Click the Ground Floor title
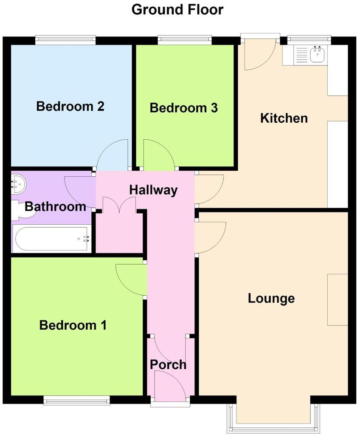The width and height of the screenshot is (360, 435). [x=177, y=9]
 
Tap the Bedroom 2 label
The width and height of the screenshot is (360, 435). [x=70, y=106]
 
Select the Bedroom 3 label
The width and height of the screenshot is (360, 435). [x=183, y=108]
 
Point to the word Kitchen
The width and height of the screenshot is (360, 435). [x=284, y=118]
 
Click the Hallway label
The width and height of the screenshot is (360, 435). [x=153, y=190]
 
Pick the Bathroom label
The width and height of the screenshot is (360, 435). [x=55, y=207]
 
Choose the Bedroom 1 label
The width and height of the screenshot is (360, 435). [x=73, y=325]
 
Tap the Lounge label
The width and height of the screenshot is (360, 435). [x=271, y=298]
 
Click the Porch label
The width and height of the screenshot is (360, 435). [x=168, y=364]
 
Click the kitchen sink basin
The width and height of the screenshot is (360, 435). [x=317, y=55]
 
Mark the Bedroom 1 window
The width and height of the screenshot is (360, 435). [x=76, y=399]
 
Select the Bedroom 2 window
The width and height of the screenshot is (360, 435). [x=65, y=40]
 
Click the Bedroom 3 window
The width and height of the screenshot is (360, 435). [x=185, y=40]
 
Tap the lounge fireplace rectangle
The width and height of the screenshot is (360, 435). [x=337, y=299]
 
